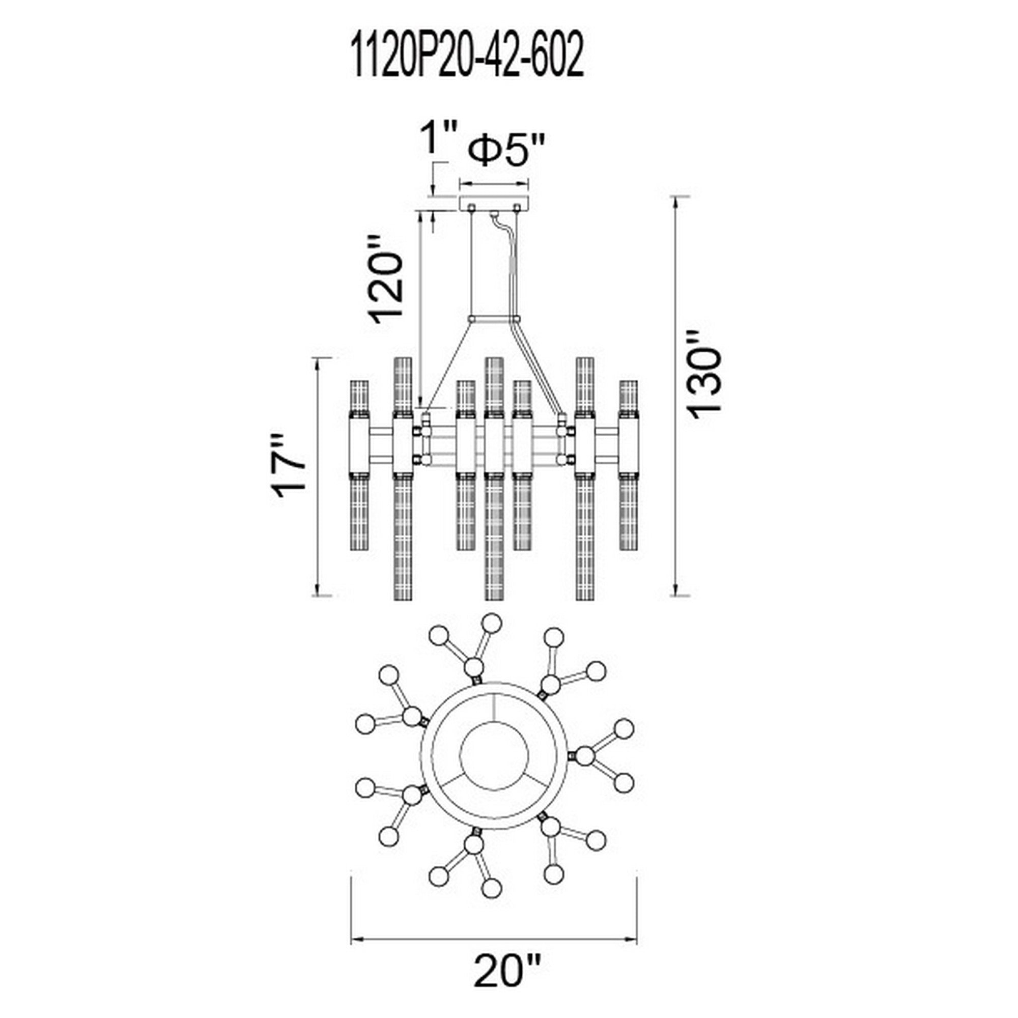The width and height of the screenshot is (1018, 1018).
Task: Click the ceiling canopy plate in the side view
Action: point(494,204)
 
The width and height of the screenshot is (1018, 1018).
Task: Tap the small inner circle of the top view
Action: point(494,764)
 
